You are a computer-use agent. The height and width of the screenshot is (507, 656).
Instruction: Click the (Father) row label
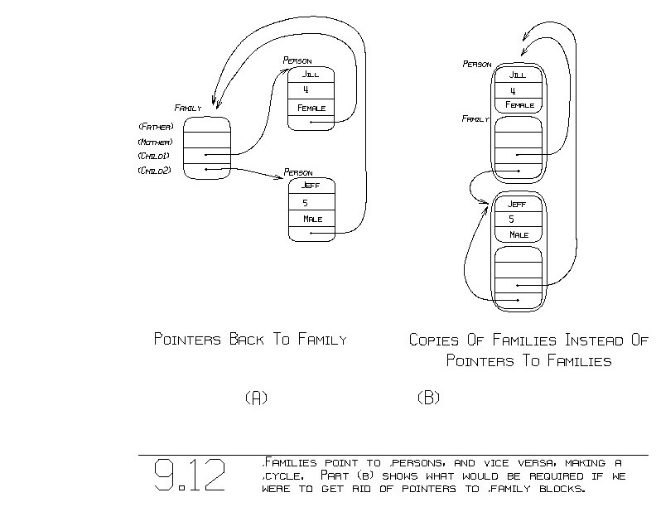click(x=156, y=127)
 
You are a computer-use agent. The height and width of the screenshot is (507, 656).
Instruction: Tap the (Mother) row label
click(x=156, y=142)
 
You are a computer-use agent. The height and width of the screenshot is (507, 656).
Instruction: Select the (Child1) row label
click(x=156, y=156)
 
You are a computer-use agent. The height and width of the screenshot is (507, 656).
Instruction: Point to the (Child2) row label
click(x=156, y=171)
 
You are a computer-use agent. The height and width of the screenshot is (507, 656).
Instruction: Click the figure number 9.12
click(x=189, y=476)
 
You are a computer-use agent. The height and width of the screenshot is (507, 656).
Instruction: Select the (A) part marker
click(x=256, y=398)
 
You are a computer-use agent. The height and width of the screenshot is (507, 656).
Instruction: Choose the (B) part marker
click(x=428, y=398)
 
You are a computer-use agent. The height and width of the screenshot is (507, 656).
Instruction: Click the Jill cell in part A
click(x=311, y=74)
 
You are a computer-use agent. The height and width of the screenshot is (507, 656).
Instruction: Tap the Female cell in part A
click(x=311, y=108)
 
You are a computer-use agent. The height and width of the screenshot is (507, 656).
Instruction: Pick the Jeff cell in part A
click(x=311, y=186)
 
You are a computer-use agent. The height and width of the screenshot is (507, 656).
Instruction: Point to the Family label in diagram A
click(x=188, y=108)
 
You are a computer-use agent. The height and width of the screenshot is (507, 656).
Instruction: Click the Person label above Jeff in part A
click(x=298, y=172)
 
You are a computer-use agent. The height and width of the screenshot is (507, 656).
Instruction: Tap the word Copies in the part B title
click(x=436, y=340)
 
